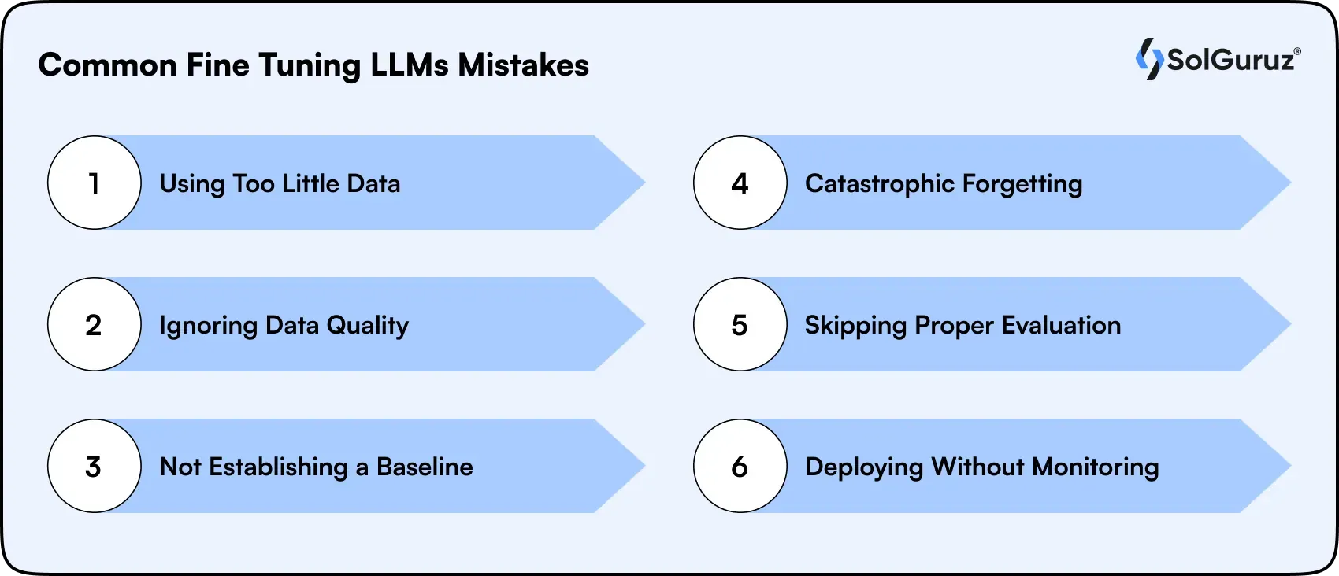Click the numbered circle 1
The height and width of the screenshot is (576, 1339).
95,183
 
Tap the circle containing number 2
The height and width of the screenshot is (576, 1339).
95,324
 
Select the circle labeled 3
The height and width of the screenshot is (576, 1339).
95,466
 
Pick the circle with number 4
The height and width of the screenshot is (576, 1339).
740,183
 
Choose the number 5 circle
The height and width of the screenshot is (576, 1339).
740,324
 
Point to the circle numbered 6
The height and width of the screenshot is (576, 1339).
740,466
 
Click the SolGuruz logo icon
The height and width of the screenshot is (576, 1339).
1149,59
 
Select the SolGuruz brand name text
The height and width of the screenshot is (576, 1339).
1230,60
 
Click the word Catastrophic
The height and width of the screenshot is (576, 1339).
879,183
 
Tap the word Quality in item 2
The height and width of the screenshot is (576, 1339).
367,326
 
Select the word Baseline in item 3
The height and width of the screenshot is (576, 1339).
425,467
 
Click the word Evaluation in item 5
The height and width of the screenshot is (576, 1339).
1061,325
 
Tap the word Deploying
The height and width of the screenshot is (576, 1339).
863,467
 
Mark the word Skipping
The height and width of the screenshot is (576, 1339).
855,326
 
